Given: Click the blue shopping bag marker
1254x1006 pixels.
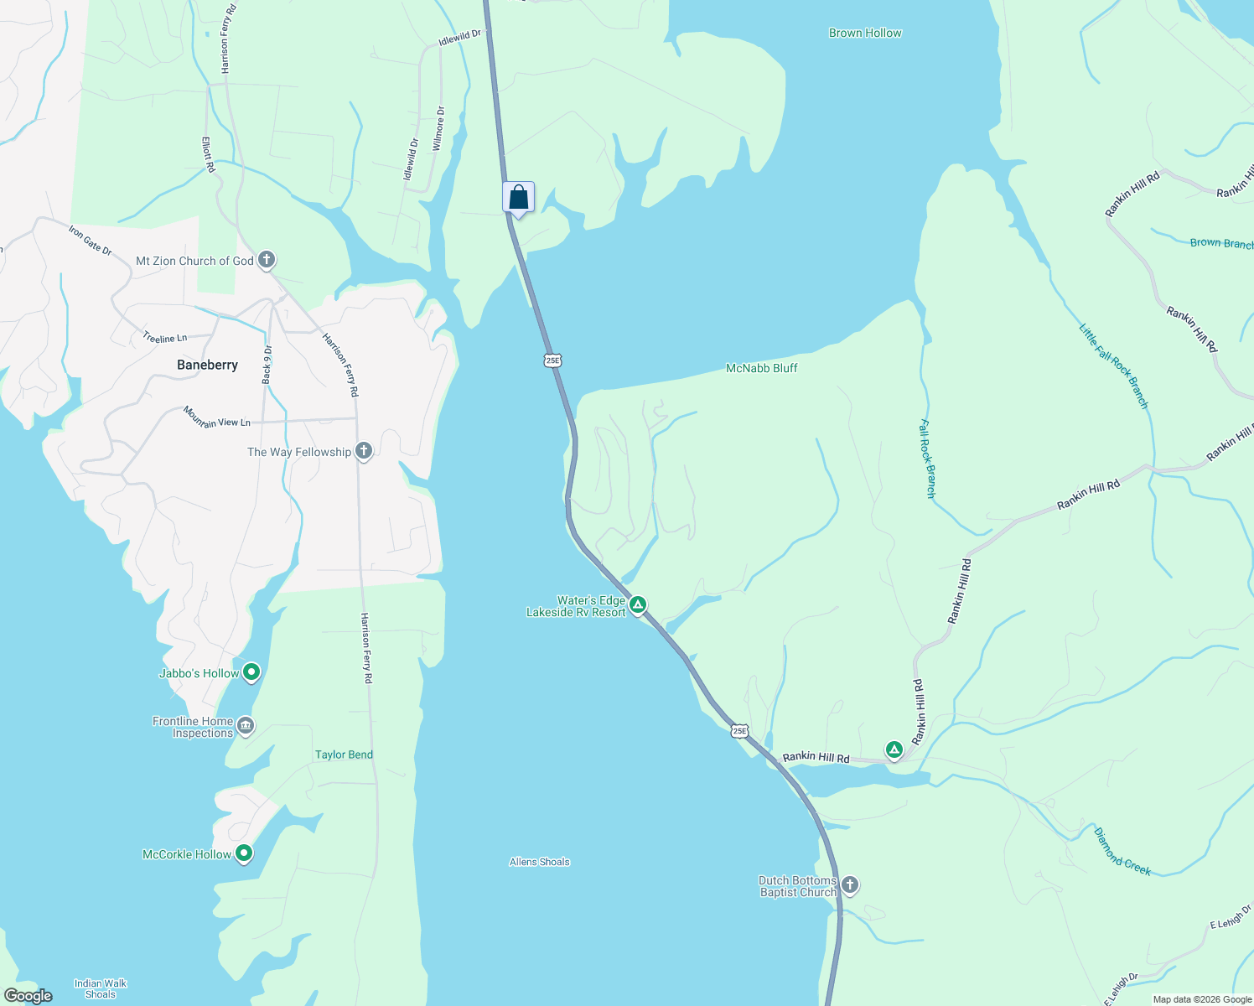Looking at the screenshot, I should click(x=518, y=198).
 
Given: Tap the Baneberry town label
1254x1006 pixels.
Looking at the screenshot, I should click(x=207, y=365).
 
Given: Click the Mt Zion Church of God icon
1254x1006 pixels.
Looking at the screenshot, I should click(x=267, y=260).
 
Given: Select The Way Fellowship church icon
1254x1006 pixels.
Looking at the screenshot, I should click(x=364, y=451).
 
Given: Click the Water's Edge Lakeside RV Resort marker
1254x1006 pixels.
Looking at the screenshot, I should click(x=638, y=604).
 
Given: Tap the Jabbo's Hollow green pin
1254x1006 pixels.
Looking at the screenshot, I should click(x=251, y=672).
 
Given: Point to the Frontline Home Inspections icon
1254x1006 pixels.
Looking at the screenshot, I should click(x=246, y=725).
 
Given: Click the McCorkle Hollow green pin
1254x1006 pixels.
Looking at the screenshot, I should click(x=244, y=853).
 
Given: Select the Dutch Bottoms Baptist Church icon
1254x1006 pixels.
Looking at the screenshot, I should click(x=850, y=885).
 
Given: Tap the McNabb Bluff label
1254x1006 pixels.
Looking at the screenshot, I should click(x=761, y=368).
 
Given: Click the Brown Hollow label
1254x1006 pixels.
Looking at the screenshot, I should click(x=865, y=33).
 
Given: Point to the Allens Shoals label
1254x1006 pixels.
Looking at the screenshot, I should click(x=539, y=862).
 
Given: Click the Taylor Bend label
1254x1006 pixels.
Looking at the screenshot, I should click(x=344, y=754).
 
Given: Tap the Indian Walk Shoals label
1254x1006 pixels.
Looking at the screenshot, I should click(x=101, y=989).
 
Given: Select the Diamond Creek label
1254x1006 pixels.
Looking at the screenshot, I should click(x=1122, y=851).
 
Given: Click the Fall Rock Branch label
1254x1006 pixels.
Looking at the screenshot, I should click(x=927, y=459).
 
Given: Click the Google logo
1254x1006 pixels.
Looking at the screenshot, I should click(x=28, y=996).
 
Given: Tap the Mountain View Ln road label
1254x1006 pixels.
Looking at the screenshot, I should click(x=217, y=417).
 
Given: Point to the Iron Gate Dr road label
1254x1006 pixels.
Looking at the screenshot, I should click(x=90, y=240).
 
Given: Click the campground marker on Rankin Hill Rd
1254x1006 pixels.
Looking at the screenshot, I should click(x=894, y=749).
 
